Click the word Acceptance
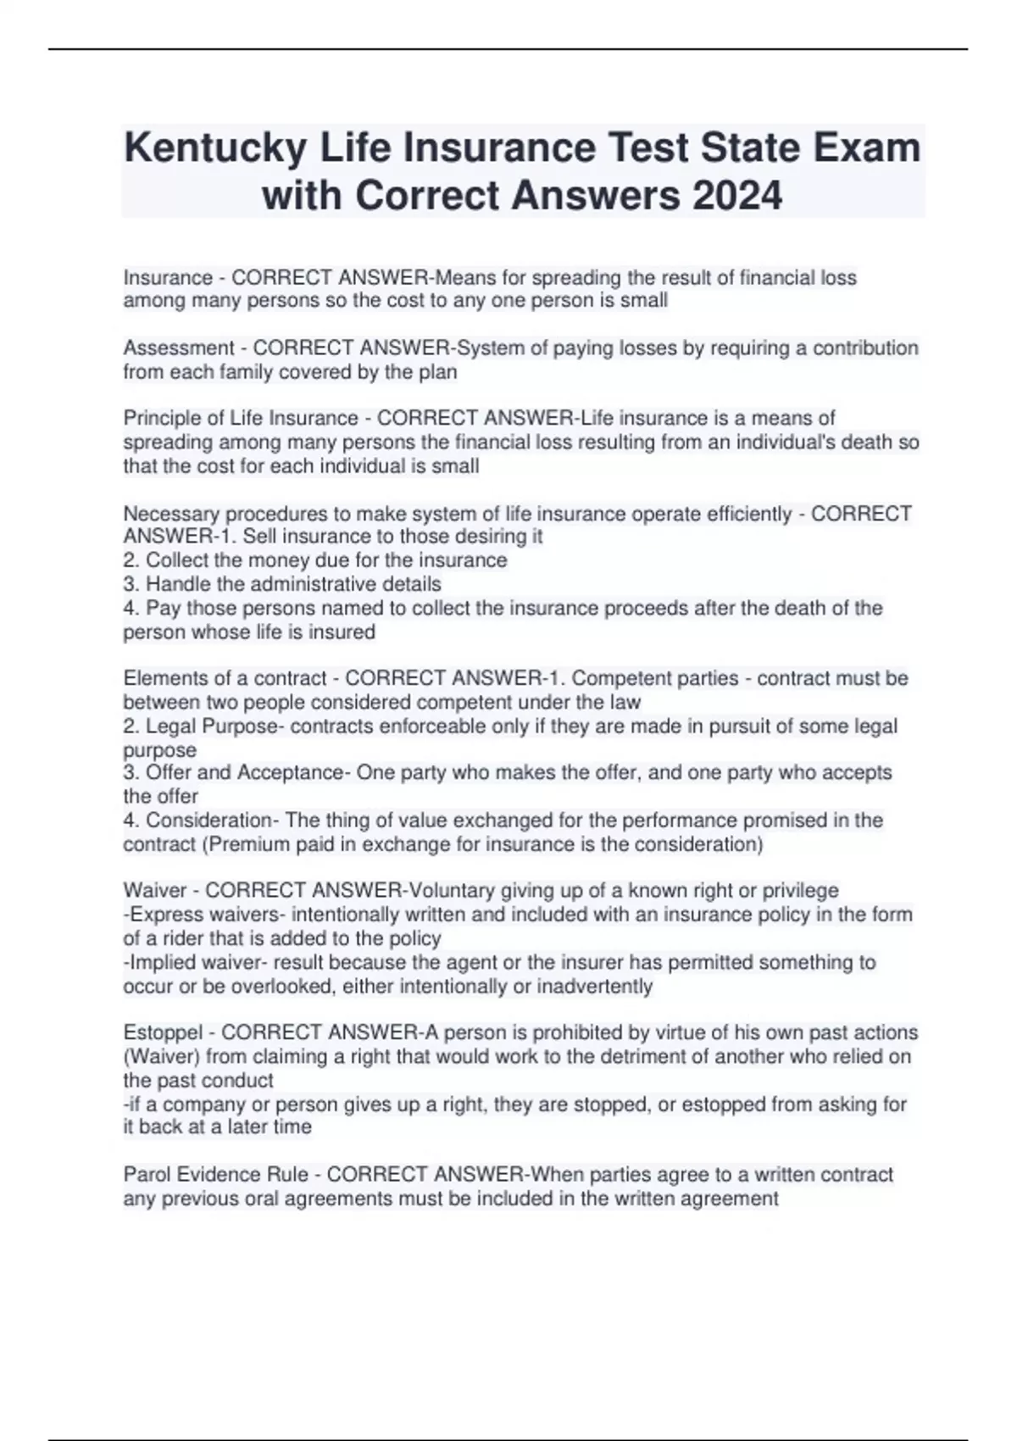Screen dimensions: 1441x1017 pyautogui.click(x=289, y=773)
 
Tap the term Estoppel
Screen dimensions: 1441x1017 pyautogui.click(x=164, y=1032)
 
